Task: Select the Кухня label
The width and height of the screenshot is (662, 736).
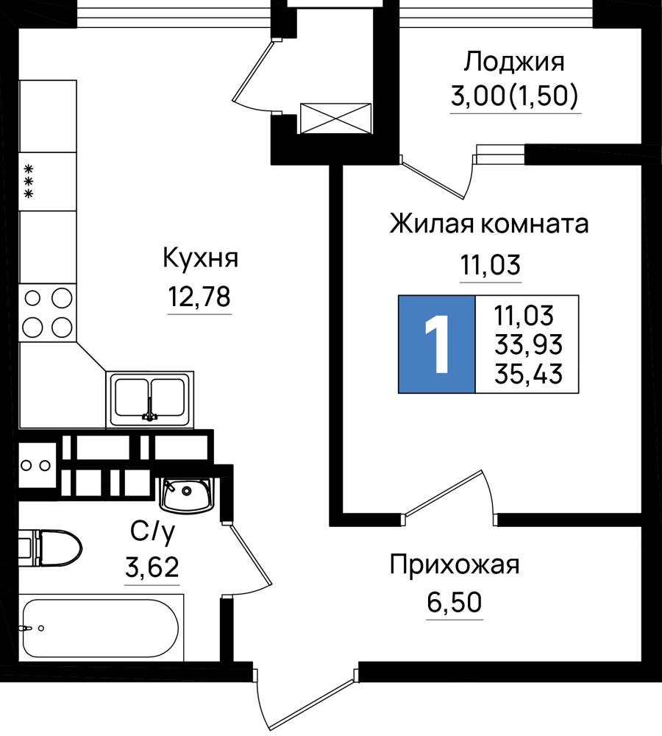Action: pyautogui.click(x=200, y=258)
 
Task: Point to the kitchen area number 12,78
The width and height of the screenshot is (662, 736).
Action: pyautogui.click(x=199, y=296)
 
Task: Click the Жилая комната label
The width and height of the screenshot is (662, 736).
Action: pyautogui.click(x=489, y=224)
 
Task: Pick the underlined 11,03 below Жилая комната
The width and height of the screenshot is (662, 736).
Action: pyautogui.click(x=491, y=264)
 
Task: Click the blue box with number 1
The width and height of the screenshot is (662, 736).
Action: pyautogui.click(x=436, y=344)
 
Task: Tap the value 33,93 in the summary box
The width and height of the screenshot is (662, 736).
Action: pyautogui.click(x=528, y=344)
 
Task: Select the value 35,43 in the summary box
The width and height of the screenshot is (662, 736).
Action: pyautogui.click(x=528, y=374)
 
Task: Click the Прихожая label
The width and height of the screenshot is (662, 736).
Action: pyautogui.click(x=455, y=565)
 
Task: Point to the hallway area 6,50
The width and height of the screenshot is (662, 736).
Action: pyautogui.click(x=454, y=602)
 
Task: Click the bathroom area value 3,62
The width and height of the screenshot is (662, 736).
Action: pyautogui.click(x=152, y=567)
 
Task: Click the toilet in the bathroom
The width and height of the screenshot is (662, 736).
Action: pyautogui.click(x=51, y=548)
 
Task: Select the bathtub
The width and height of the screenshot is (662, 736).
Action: pyautogui.click(x=101, y=628)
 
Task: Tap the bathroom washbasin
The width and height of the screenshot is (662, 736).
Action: pyautogui.click(x=186, y=495)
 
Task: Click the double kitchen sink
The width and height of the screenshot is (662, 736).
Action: pyautogui.click(x=149, y=400)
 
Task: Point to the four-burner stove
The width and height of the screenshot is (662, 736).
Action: pyautogui.click(x=47, y=313)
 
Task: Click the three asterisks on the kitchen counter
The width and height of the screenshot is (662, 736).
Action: pyautogui.click(x=29, y=181)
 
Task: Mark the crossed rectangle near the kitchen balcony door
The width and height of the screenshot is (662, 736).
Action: pyautogui.click(x=335, y=118)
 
